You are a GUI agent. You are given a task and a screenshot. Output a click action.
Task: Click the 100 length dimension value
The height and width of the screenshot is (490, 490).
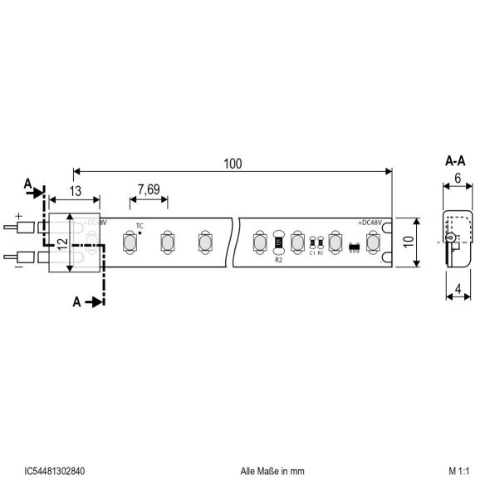tap(233, 164)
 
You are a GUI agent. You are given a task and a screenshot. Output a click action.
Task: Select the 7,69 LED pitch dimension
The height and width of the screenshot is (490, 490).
tap(149, 189)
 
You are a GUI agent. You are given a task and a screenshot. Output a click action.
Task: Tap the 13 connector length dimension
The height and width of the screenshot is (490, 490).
tap(76, 190)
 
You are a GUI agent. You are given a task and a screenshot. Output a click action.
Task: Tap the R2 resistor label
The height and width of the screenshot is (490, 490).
tap(279, 259)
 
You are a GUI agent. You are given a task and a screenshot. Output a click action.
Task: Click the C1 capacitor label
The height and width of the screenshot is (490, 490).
tap(311, 253)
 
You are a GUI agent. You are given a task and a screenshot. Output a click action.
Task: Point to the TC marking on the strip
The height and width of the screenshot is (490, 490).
tap(140, 226)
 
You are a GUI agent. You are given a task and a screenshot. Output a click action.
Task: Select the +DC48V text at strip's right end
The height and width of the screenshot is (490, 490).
tap(371, 223)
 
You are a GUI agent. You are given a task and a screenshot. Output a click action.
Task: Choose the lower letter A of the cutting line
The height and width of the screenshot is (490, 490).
tap(76, 302)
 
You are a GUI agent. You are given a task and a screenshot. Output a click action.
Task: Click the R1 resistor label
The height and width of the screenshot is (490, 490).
tap(321, 253)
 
